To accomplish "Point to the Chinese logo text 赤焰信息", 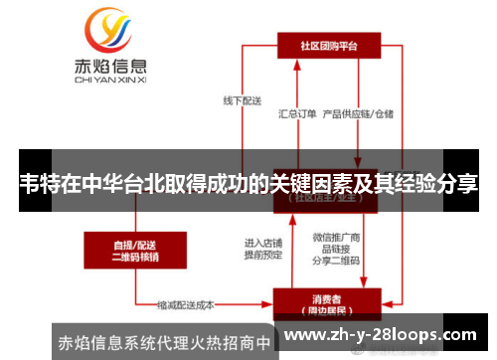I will tap(111, 69).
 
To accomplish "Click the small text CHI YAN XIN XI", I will tap(111, 84).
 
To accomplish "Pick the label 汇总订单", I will tap(296, 114).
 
